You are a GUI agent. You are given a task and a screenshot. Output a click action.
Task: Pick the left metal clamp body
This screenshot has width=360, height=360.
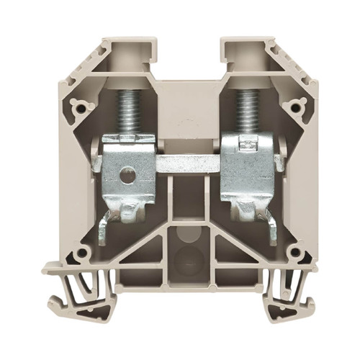click(130, 166)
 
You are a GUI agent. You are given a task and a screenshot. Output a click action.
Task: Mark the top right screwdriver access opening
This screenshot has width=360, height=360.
click(241, 55)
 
